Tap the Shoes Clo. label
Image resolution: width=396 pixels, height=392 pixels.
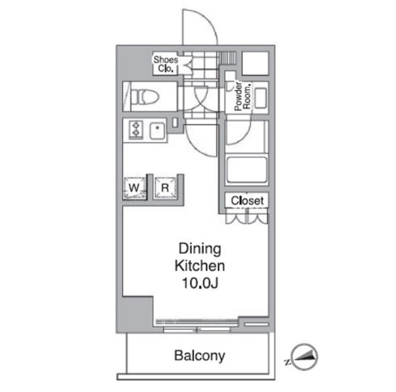166,64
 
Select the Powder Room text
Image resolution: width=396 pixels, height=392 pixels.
243,96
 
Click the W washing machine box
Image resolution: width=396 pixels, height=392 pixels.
135,187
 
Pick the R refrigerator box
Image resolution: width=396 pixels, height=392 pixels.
165,187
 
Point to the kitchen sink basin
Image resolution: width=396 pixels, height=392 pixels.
157,130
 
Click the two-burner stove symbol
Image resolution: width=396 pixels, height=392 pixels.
136,130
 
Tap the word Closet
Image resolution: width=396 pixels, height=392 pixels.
247,201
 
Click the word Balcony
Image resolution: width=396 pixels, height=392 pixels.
199,356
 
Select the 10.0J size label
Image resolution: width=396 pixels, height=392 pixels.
200,283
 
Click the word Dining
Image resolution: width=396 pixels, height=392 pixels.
200,249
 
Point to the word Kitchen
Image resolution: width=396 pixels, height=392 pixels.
200,266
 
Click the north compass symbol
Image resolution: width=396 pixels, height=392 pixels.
305,356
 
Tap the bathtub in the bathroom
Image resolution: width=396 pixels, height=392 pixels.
247,169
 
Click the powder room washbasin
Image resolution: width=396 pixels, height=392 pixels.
260,98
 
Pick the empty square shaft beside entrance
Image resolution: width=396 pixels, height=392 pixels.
255,64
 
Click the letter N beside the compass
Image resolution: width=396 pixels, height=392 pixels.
287,362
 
